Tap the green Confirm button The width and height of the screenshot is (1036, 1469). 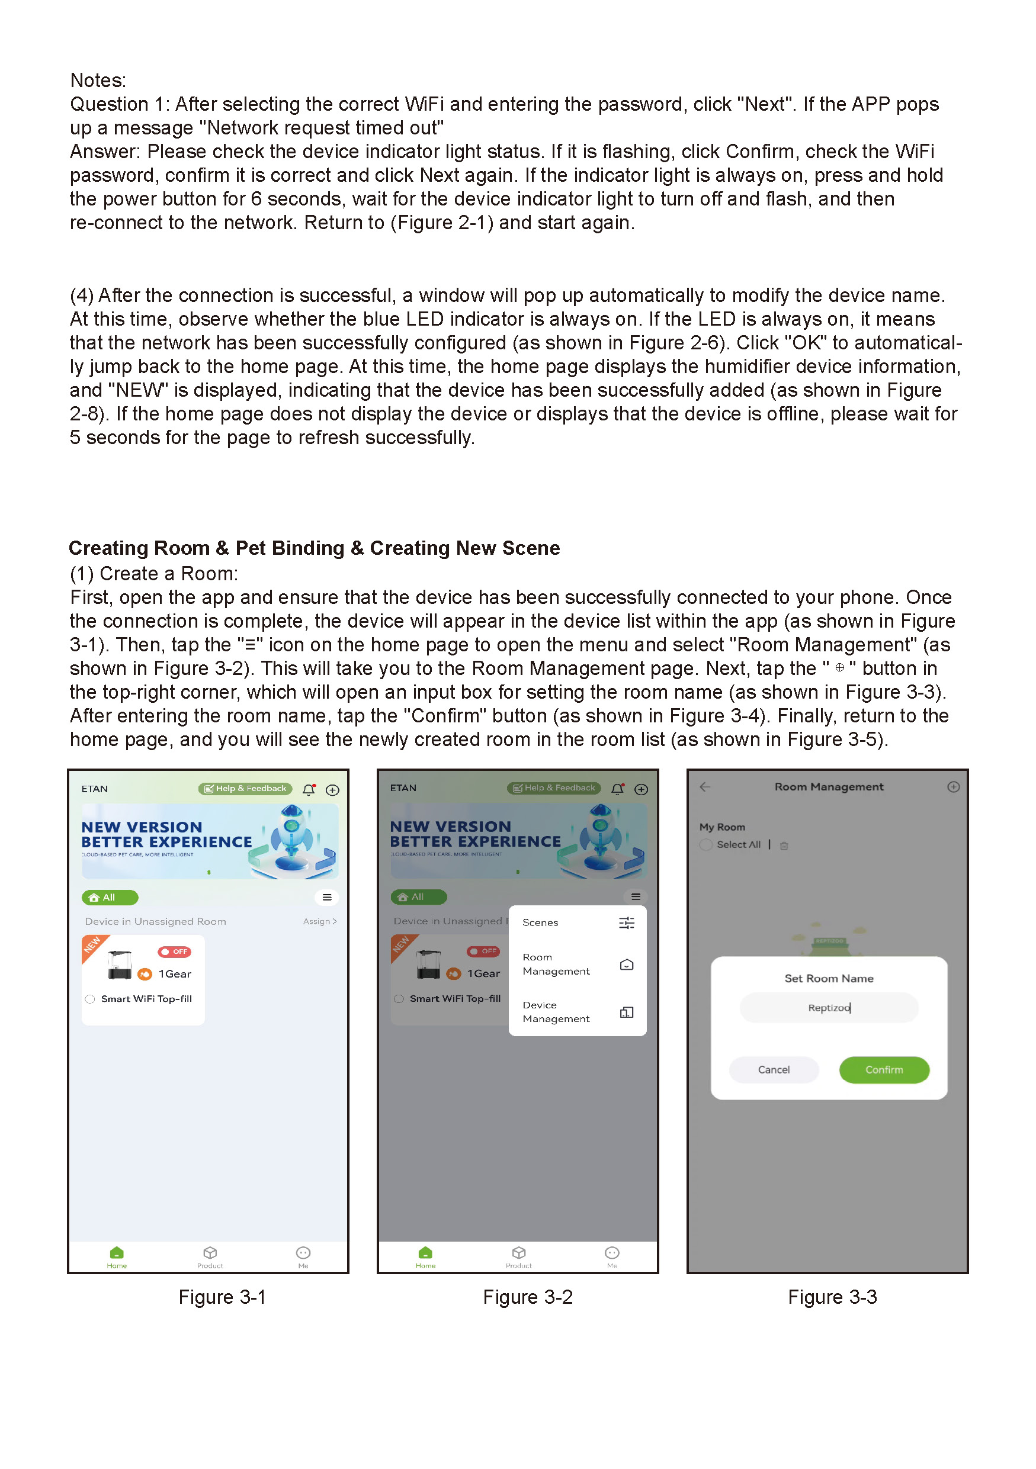[x=883, y=1069]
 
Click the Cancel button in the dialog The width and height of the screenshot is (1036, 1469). [x=773, y=1069]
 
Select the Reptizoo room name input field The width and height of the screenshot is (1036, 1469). [x=828, y=1007]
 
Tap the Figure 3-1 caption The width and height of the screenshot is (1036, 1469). [x=222, y=1297]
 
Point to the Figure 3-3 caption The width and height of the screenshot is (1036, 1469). [x=831, y=1297]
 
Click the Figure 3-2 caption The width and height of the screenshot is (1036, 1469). [x=527, y=1297]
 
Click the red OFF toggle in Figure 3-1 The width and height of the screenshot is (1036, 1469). [x=174, y=952]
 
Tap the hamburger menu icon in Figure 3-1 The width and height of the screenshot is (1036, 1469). [x=326, y=897]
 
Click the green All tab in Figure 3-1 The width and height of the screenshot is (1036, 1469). [x=110, y=897]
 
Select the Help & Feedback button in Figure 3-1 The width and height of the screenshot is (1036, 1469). [x=245, y=788]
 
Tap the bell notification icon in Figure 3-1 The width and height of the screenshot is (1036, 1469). [x=309, y=789]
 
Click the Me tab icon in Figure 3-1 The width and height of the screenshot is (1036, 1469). [x=303, y=1253]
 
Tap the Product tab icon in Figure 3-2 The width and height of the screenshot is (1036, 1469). [x=518, y=1253]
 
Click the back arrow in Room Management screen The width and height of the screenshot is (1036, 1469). [x=704, y=786]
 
